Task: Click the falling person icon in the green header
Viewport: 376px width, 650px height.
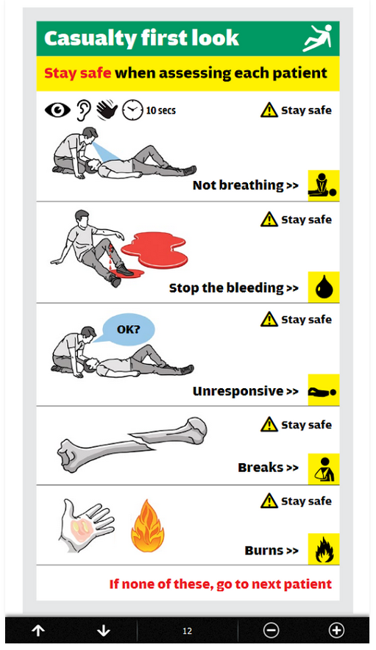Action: (x=318, y=37)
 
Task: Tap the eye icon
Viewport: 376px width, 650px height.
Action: (x=57, y=110)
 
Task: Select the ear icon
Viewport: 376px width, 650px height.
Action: (x=84, y=110)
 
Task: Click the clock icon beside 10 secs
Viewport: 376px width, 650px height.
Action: (x=132, y=110)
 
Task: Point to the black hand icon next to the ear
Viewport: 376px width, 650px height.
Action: (x=107, y=110)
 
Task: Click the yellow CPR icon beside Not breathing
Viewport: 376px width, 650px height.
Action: (x=324, y=185)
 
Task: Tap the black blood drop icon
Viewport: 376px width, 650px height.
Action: (x=324, y=287)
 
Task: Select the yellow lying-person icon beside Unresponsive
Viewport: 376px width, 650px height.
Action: (x=324, y=390)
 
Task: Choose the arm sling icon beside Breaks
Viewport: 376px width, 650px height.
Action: (x=324, y=469)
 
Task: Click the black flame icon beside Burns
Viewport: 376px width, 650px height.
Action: (x=324, y=549)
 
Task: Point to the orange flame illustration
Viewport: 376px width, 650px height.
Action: (x=147, y=526)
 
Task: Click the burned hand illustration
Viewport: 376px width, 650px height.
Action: (x=85, y=526)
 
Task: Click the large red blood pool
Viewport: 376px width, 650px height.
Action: (x=155, y=250)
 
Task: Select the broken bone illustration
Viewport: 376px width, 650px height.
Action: (x=132, y=444)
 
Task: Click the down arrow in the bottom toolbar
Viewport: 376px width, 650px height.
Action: (x=103, y=631)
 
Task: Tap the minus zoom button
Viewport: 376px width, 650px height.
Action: (x=271, y=631)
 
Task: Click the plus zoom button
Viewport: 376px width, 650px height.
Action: (x=336, y=631)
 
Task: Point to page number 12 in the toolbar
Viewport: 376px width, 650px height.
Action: (x=187, y=631)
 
